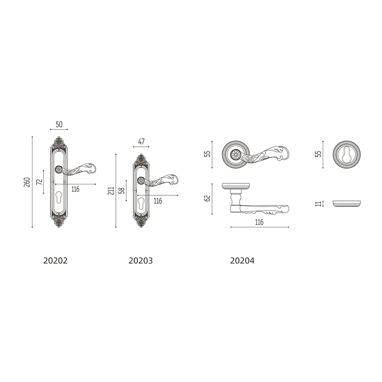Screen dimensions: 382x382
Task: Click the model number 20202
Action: coord(55,261)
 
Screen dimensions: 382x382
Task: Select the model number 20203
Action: coord(141,261)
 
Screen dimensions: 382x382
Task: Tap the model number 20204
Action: coord(242,261)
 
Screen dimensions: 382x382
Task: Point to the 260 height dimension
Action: coord(27,182)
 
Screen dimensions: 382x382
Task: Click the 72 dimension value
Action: coord(39,182)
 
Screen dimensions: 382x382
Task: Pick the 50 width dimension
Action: coord(59,125)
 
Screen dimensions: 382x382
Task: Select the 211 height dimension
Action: coord(111,191)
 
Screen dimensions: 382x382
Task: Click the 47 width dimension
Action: coord(141,142)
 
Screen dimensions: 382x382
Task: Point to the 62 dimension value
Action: coord(207,198)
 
